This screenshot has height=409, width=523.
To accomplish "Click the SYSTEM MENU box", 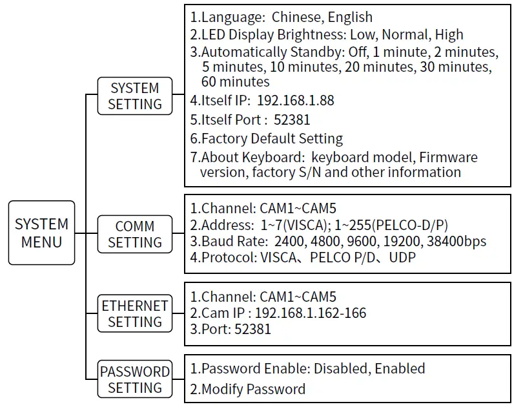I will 42,233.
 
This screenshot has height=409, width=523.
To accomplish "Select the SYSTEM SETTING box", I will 134,96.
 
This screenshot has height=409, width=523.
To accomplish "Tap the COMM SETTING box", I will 134,234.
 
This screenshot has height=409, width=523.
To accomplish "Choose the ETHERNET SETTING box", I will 134,313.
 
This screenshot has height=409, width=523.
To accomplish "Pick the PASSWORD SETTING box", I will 134,379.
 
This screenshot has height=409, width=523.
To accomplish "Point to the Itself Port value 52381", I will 292,120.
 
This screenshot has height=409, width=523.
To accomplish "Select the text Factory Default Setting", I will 272,138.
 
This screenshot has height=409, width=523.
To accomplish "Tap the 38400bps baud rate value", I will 455,241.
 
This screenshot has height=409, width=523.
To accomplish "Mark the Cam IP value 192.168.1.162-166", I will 311,313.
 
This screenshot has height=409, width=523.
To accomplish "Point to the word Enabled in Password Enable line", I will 400,369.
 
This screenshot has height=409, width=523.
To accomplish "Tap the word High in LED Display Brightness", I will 449,34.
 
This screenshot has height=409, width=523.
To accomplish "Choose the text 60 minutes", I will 235,82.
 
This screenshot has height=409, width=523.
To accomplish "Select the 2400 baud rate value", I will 289,241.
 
